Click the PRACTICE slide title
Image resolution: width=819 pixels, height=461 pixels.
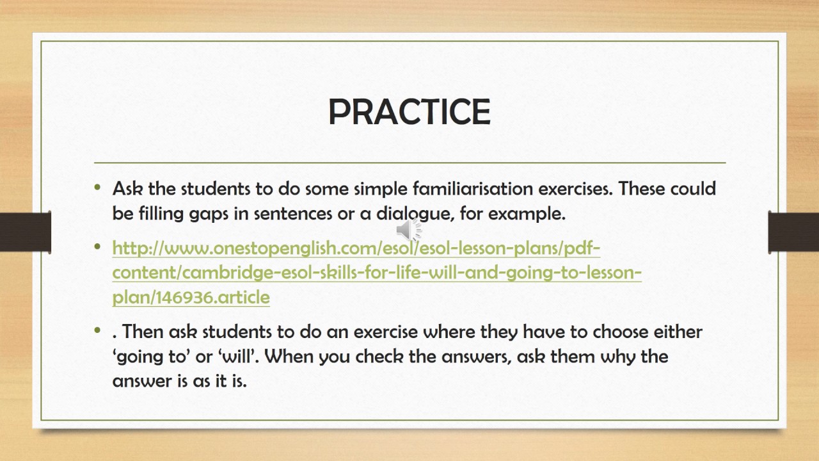[x=409, y=112]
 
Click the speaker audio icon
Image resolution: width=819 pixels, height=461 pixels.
[x=408, y=229]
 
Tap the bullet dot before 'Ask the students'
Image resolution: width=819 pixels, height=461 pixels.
[x=97, y=188]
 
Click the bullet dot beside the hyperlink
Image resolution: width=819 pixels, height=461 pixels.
[x=97, y=247]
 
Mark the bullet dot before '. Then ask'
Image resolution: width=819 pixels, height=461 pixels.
[x=97, y=330]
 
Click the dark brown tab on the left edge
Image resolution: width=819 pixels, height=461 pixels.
[x=25, y=232]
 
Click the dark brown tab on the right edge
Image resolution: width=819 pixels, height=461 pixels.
[x=793, y=232]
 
